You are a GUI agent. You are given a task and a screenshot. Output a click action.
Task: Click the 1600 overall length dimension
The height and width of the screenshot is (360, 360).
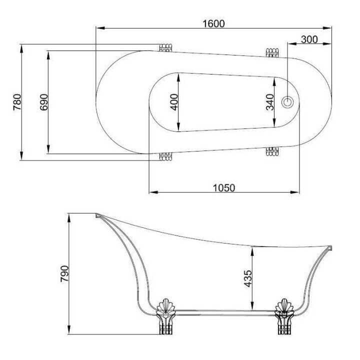pos(214,23)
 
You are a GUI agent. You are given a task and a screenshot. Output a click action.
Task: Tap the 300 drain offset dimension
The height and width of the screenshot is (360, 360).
pos(309,39)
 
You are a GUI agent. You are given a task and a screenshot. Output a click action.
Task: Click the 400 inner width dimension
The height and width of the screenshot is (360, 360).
pos(174,102)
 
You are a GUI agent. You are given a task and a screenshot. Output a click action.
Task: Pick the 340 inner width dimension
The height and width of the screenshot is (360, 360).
pos(270,102)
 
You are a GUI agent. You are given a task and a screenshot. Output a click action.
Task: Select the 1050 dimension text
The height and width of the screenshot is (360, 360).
pos(224,187)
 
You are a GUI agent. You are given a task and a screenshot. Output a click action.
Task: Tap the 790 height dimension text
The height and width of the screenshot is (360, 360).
pos(64,274)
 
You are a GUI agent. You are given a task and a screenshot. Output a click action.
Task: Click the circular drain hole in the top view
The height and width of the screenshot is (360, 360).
pos(288,102)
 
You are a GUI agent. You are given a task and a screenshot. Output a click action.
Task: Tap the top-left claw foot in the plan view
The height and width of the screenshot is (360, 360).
pos(165,47)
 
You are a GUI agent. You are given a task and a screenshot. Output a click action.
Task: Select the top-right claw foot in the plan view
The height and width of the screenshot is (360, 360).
pos(271,52)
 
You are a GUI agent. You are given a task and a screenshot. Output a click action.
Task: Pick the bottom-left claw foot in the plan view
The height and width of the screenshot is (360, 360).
pos(165,156)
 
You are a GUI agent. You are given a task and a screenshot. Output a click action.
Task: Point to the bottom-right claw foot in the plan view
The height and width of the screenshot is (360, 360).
pos(271,151)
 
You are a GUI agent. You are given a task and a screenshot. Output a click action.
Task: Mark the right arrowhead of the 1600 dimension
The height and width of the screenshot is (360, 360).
pos(330,28)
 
